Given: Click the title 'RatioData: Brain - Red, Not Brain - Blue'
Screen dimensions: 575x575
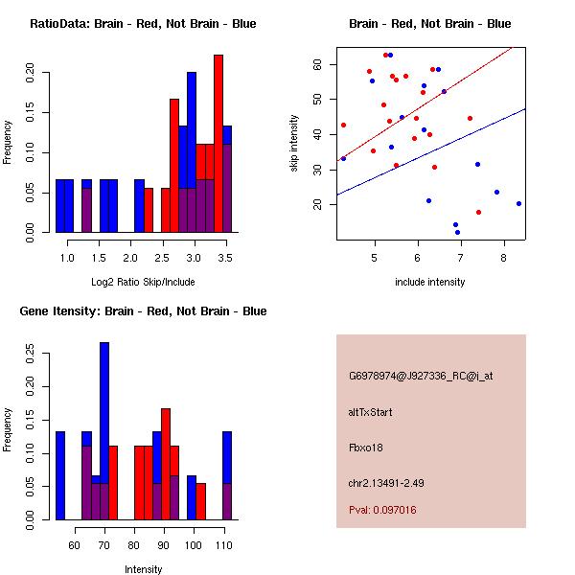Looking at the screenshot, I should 143,24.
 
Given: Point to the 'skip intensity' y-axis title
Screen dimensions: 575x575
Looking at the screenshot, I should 294,144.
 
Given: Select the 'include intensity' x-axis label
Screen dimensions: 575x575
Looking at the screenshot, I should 430,282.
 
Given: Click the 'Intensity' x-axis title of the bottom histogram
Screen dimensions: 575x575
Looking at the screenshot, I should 144,569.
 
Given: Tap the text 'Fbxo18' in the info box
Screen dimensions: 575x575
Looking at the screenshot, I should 368,447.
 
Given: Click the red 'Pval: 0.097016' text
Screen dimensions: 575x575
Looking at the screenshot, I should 382,511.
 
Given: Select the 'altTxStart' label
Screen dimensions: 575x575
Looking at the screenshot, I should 371,412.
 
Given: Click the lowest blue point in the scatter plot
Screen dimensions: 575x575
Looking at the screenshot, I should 457,232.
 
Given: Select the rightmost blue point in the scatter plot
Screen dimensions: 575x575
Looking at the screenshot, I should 518,203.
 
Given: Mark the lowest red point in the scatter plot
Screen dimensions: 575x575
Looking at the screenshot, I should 478,213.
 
